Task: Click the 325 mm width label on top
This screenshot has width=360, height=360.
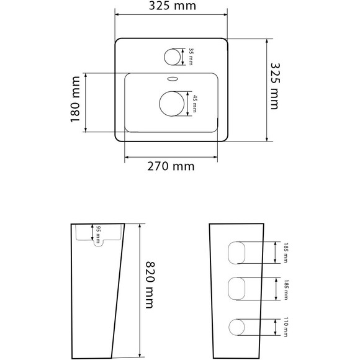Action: [x=173, y=6]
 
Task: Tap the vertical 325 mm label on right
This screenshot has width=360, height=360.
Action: [x=275, y=86]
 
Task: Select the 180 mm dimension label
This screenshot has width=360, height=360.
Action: [x=75, y=99]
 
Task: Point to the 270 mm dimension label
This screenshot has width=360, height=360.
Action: [x=171, y=166]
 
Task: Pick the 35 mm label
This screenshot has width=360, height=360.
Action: [x=191, y=56]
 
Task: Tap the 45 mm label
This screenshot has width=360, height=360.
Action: [x=194, y=104]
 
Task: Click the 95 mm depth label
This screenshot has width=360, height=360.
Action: [x=98, y=235]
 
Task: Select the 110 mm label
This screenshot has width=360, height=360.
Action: [x=286, y=327]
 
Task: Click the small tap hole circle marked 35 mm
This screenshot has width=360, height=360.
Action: [x=172, y=56]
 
